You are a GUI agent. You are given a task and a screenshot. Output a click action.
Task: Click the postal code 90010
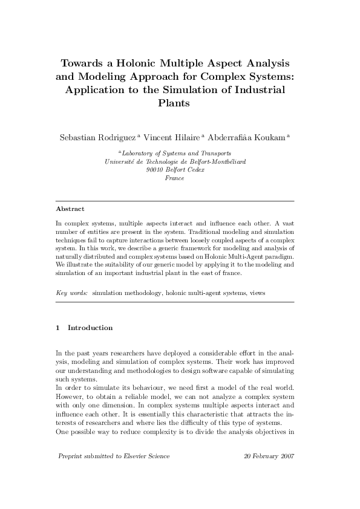(155, 170)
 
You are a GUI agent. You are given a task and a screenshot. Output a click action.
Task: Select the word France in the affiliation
(174, 178)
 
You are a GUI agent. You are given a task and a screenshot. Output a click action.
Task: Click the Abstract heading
(70, 209)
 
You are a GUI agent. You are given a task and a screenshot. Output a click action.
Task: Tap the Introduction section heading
(90, 328)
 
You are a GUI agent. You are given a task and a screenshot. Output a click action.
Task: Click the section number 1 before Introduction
(57, 328)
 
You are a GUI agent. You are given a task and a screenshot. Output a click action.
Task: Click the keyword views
(257, 293)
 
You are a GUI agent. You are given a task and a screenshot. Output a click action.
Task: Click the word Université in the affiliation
(121, 161)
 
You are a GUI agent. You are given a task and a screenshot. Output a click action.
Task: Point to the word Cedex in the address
(193, 170)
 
